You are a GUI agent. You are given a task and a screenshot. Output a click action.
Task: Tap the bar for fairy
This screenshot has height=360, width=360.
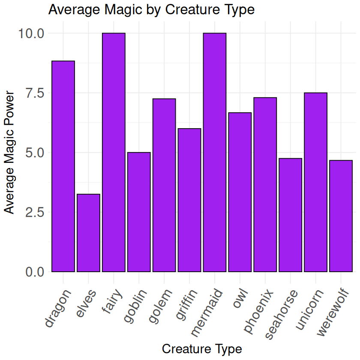(x=114, y=152)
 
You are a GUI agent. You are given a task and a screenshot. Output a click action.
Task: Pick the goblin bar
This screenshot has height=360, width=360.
(x=139, y=212)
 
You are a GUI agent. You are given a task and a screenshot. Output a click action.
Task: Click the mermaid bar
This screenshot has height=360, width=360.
(x=215, y=152)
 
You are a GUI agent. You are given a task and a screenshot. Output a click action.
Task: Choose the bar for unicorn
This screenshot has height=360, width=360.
(x=315, y=182)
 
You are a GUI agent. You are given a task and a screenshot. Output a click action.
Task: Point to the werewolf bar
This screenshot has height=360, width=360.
(x=341, y=216)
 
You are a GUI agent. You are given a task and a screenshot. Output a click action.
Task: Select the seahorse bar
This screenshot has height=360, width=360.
(x=290, y=215)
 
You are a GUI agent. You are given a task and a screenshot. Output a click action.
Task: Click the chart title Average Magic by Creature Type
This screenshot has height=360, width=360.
(x=152, y=9)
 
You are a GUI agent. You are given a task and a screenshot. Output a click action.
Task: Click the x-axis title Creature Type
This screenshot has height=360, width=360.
(x=202, y=348)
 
